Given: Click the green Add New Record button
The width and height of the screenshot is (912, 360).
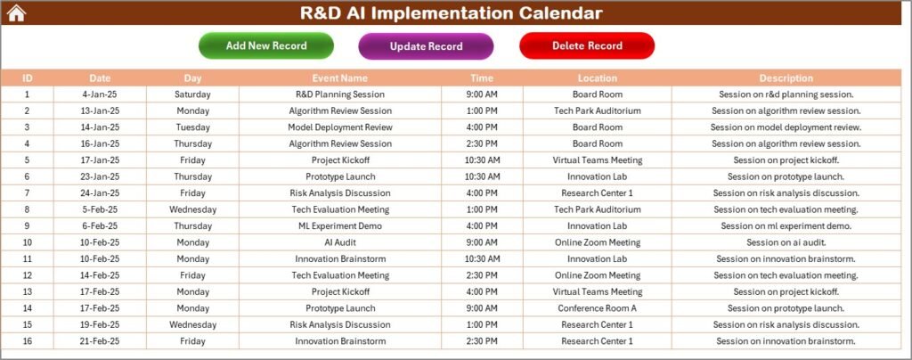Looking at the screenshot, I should pyautogui.click(x=266, y=45).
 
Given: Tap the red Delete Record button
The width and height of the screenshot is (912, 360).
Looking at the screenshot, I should pyautogui.click(x=587, y=45).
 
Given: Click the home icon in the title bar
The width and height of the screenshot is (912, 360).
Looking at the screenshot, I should pyautogui.click(x=16, y=12).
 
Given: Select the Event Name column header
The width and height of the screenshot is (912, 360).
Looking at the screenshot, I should pyautogui.click(x=339, y=78).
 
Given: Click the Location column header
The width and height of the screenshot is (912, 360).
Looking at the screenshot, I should pyautogui.click(x=597, y=78).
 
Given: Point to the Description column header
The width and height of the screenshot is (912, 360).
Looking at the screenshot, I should pyautogui.click(x=786, y=78).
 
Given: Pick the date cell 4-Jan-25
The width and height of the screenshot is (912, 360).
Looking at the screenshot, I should pyautogui.click(x=100, y=94).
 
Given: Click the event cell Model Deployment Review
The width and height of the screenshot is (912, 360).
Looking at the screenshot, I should pyautogui.click(x=339, y=127).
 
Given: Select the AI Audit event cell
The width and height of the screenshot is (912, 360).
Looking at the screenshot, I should pyautogui.click(x=339, y=242).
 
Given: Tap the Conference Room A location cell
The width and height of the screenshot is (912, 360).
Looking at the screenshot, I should pyautogui.click(x=597, y=308).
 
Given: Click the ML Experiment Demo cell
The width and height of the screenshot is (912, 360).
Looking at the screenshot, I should pyautogui.click(x=339, y=226).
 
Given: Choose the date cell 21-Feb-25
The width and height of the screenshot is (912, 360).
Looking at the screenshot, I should pyautogui.click(x=100, y=341).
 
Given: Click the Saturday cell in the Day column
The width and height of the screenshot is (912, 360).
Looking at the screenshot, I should pyautogui.click(x=192, y=94).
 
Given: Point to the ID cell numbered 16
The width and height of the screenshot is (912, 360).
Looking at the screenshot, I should pyautogui.click(x=27, y=341).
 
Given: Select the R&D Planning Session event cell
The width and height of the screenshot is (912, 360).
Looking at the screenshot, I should pyautogui.click(x=339, y=94).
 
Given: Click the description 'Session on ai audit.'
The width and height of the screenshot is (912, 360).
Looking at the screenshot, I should pyautogui.click(x=786, y=242).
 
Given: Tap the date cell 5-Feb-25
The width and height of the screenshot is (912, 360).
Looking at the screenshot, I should pyautogui.click(x=100, y=209).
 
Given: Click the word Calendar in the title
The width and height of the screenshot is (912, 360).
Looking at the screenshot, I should pyautogui.click(x=551, y=12).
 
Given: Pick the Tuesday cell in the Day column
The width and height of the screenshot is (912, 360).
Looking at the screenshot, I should pyautogui.click(x=192, y=127).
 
